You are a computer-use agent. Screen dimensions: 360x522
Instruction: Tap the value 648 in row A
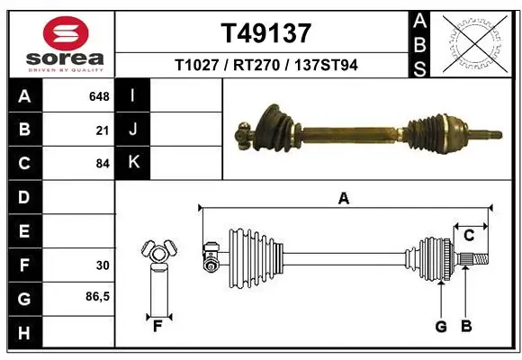click(x=99, y=95)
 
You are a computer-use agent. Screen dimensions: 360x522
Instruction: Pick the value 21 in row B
click(x=103, y=130)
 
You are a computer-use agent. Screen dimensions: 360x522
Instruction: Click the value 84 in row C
click(x=103, y=163)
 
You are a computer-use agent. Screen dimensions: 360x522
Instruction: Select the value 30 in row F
click(x=103, y=265)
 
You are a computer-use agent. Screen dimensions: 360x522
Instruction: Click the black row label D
click(x=23, y=197)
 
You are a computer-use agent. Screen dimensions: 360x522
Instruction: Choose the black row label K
click(x=133, y=163)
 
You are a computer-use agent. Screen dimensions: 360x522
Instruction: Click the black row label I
click(x=133, y=95)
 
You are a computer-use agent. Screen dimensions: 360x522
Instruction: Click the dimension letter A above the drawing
click(x=343, y=200)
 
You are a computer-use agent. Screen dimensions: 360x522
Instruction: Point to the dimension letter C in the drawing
click(x=469, y=236)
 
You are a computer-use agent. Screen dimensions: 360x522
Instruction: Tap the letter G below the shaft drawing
click(x=440, y=326)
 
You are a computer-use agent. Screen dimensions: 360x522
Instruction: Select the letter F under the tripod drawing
click(x=157, y=326)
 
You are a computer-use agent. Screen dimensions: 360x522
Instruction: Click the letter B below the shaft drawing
click(x=465, y=326)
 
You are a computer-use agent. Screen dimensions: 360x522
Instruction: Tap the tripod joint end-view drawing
click(x=157, y=253)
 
